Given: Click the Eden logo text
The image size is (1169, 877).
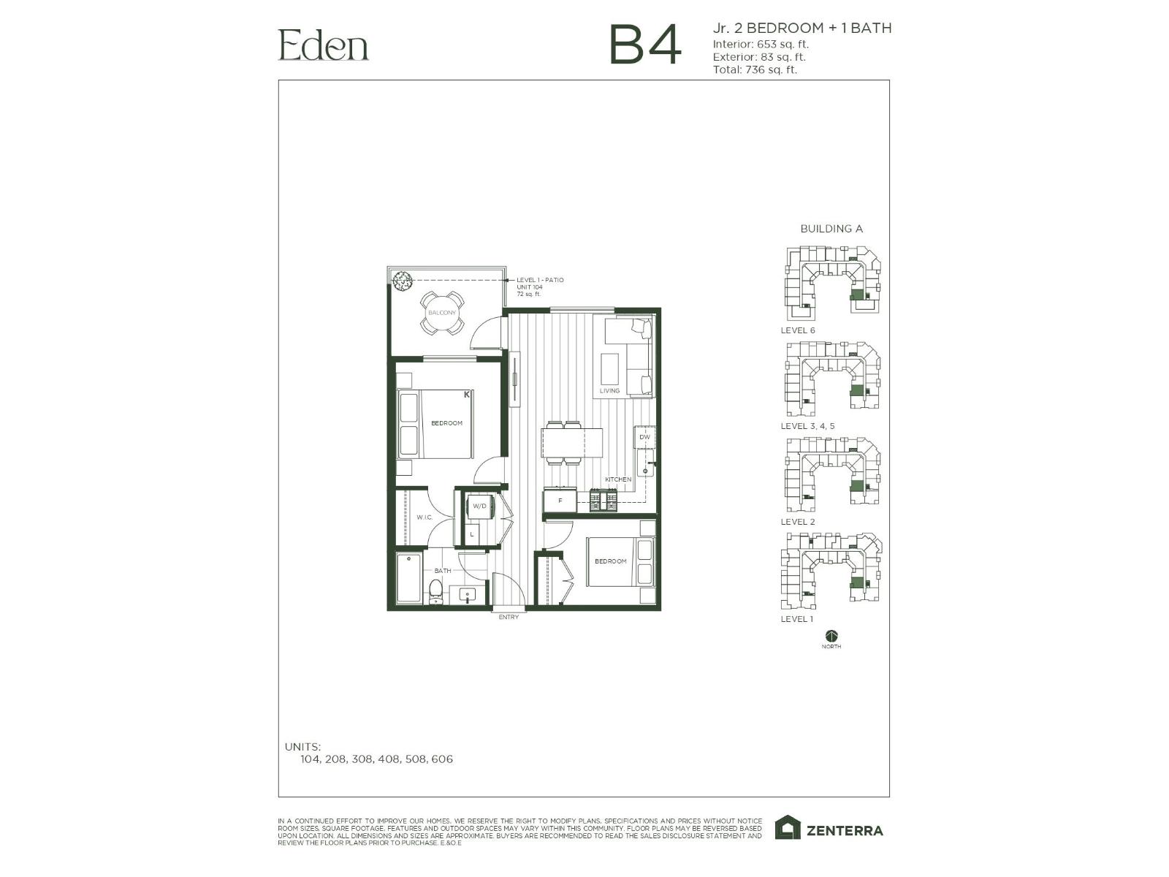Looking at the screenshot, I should (x=323, y=45).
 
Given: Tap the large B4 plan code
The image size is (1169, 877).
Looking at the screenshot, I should (x=644, y=45).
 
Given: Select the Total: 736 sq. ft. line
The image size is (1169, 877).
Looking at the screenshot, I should (x=755, y=70).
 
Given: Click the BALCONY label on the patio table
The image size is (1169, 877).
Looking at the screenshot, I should (x=442, y=313).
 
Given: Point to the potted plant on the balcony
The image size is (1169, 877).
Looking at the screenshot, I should (x=402, y=280).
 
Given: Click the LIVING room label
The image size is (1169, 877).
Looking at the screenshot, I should (x=609, y=391).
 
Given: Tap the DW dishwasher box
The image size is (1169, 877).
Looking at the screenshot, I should (x=644, y=437).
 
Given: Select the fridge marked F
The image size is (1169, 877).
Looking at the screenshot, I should (x=560, y=501).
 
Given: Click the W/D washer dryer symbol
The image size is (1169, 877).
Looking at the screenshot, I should (x=480, y=506).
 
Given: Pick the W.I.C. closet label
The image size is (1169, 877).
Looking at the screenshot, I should (x=424, y=517).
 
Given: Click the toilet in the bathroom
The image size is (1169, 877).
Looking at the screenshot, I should (x=436, y=591).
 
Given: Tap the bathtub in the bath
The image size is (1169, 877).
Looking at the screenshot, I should (x=409, y=579).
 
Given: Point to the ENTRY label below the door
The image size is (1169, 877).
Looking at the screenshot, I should (x=509, y=618).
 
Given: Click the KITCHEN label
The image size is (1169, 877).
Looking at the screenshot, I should (x=618, y=479).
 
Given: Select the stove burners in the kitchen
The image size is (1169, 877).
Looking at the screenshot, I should (x=604, y=502).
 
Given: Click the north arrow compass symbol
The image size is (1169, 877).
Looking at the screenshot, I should (x=831, y=636).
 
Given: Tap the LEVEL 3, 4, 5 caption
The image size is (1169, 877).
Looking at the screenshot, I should (x=807, y=426).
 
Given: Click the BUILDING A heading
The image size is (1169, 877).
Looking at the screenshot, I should (x=831, y=229).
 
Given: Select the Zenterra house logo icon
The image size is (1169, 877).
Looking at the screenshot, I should (x=788, y=828).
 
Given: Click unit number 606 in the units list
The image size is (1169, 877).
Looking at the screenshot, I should (x=442, y=759).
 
